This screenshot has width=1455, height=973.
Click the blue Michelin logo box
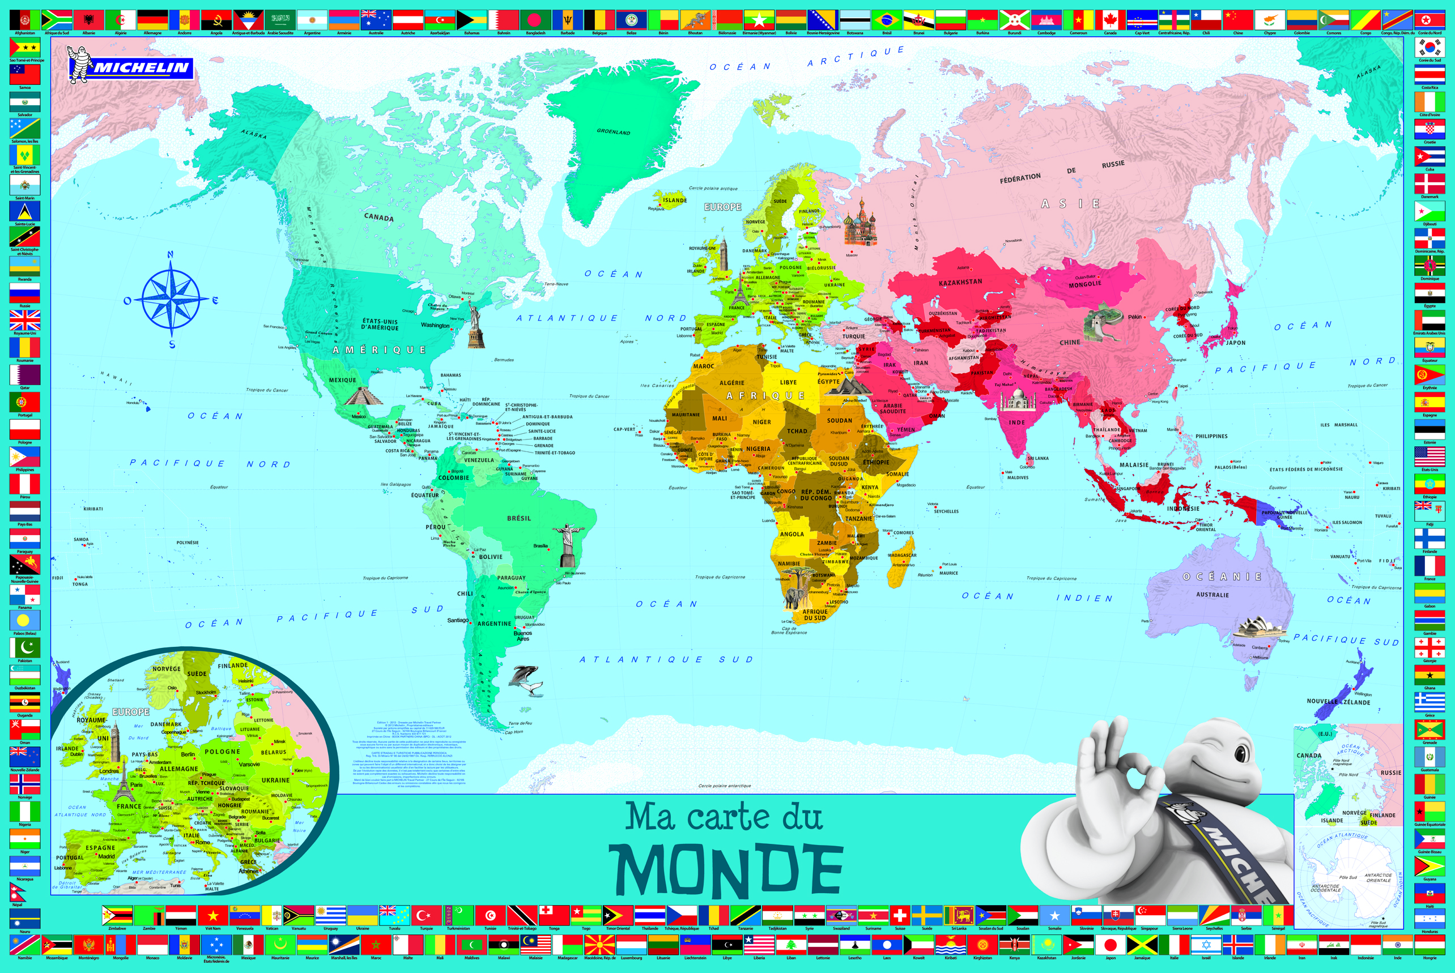[142, 67]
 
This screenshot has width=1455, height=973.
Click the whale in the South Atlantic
[525, 678]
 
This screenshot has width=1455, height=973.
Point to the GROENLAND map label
[613, 131]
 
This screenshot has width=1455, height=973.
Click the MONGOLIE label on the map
[1085, 284]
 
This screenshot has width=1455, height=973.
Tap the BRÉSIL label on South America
[519, 518]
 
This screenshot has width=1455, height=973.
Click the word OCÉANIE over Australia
[1222, 577]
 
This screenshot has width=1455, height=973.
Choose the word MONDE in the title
[726, 869]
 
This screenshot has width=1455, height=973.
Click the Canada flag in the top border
[1111, 20]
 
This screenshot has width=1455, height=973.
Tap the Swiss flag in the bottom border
[899, 915]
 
